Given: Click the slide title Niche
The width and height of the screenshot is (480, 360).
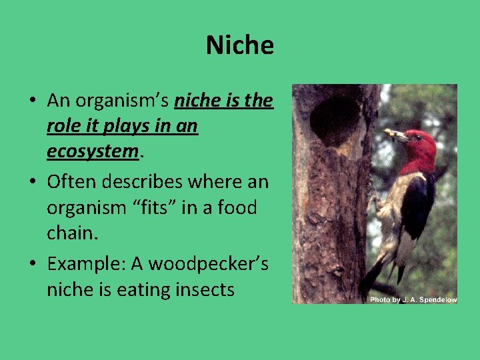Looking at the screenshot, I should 240,45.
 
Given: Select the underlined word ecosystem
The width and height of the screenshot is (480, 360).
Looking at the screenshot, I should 92,151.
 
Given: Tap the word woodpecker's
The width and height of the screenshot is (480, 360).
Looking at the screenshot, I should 208,263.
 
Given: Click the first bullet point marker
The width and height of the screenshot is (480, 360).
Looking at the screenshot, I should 32,101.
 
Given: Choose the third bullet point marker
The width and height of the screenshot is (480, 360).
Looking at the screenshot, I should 32,264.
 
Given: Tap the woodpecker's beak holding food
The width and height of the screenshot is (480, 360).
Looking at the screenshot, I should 395,135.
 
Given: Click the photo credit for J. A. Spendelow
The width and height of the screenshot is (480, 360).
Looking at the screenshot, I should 413,299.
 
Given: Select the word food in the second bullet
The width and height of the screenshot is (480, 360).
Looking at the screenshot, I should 237,207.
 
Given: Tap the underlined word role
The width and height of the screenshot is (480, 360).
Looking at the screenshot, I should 63,126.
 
